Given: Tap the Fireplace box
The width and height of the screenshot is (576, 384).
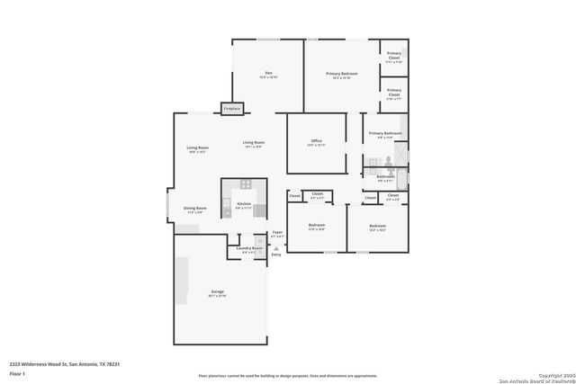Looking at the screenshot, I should click(232, 110).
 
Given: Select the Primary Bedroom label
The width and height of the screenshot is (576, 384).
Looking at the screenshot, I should click(341, 73).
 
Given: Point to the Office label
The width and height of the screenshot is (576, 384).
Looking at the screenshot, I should click(316, 140).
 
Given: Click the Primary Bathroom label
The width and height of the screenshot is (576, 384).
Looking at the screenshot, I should click(385, 133).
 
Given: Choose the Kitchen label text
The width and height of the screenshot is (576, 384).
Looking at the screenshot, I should click(244, 204).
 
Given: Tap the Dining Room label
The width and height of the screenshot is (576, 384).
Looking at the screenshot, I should click(195, 208).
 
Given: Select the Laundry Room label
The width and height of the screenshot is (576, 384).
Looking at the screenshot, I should click(250, 247).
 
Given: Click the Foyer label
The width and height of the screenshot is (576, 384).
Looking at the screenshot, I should click(277, 232).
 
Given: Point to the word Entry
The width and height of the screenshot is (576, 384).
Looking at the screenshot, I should click(276, 255).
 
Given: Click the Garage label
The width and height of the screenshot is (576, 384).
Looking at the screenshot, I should click(218, 292).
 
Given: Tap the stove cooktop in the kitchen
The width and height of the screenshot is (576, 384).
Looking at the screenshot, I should click(245, 184).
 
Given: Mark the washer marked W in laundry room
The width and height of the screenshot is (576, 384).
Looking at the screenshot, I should click(260, 240).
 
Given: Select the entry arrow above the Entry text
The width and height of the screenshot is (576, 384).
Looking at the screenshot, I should click(276, 248).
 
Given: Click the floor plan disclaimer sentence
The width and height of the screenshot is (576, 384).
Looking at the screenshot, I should click(288, 376).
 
